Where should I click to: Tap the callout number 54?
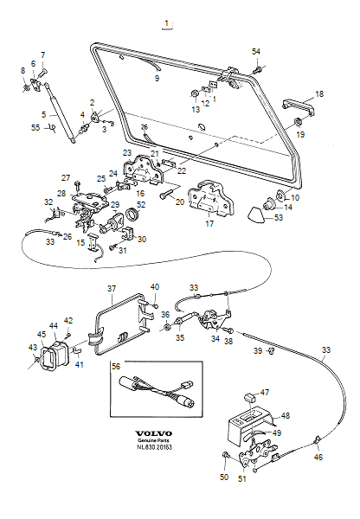[255, 52]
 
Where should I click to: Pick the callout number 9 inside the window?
[157, 79]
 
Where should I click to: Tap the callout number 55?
[35, 127]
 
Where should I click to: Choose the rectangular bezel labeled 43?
[42, 356]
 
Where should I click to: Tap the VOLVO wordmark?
[153, 433]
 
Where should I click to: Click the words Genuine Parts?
[153, 442]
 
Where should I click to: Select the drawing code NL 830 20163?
[153, 450]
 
